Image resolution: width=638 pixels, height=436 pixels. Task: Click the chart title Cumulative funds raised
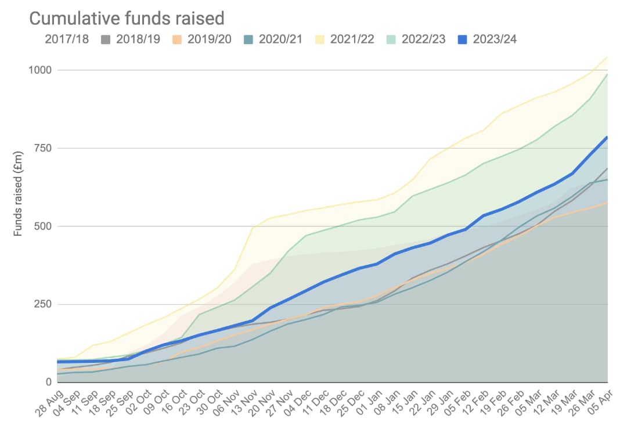coord(127,19)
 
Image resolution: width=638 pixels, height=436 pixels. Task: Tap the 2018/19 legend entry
coord(138,39)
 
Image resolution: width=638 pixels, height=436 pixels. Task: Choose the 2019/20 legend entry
coord(210,39)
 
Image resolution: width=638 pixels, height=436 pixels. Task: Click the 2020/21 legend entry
coord(281,39)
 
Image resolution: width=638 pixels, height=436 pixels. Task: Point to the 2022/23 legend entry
coord(423,39)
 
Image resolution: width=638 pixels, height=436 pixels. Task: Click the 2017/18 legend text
coord(67,39)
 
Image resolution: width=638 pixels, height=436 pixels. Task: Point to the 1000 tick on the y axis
coord(41,70)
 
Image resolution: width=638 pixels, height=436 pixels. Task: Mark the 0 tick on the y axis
coord(49,382)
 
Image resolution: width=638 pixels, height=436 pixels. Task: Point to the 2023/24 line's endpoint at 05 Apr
coord(607,137)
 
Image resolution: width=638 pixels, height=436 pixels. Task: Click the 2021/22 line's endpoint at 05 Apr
coord(607,56)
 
